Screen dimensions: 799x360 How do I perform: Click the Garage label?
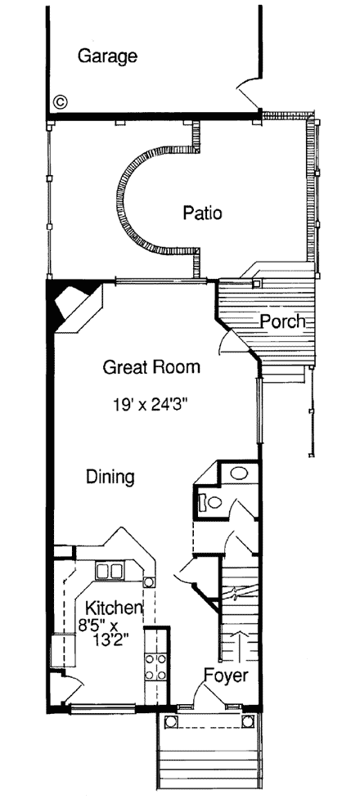(106, 56)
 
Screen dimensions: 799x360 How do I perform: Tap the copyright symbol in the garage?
(60, 101)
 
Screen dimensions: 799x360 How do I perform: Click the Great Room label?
(151, 367)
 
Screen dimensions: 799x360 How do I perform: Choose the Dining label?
(110, 477)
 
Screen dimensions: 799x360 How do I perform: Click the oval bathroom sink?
(239, 474)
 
